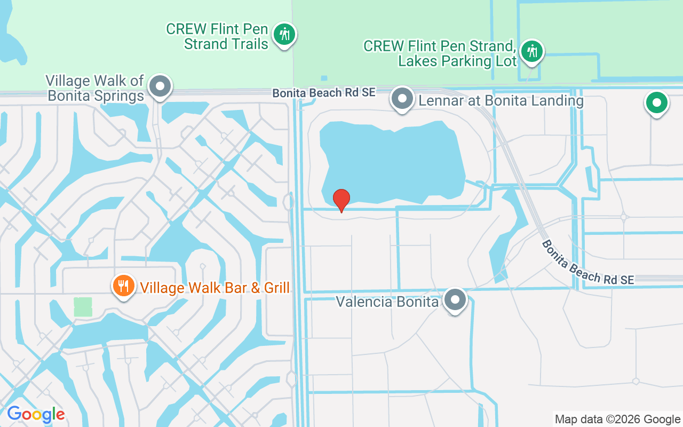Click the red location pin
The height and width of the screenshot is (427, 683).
[x=341, y=200]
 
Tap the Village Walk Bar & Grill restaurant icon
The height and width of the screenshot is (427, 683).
[x=123, y=287]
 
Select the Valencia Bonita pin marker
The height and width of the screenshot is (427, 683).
[x=455, y=300]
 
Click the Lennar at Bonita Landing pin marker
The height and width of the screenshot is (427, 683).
[x=402, y=99]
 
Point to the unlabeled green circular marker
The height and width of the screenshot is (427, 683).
[x=657, y=103]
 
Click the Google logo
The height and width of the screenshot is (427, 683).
[x=36, y=414]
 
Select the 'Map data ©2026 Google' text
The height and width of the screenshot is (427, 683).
[x=617, y=420]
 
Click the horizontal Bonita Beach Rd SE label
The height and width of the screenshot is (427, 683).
[x=324, y=93]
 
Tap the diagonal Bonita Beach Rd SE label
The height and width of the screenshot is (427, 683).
[x=587, y=263]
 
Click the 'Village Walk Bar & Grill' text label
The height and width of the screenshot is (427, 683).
[x=215, y=288]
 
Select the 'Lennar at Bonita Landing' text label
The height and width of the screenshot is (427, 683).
[x=501, y=100]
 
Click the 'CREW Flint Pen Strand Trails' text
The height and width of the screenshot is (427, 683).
[x=217, y=36]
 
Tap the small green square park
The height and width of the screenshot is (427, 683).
[x=83, y=307]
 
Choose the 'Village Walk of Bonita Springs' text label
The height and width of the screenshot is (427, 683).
[x=95, y=88]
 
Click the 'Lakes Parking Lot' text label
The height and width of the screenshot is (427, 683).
[x=457, y=61]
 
